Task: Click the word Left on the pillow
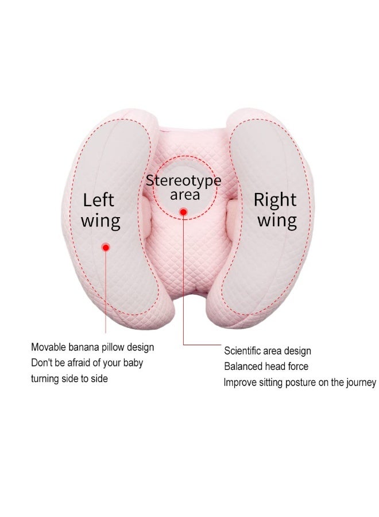click(98, 200)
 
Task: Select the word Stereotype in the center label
click(184, 181)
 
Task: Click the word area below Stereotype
click(185, 195)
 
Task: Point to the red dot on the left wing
click(106, 247)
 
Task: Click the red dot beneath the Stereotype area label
click(184, 211)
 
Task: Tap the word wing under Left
click(100, 221)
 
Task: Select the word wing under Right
click(277, 221)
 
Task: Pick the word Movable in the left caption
click(48, 347)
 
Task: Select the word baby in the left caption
click(133, 363)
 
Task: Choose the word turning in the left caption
click(44, 379)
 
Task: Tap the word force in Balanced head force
click(298, 366)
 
